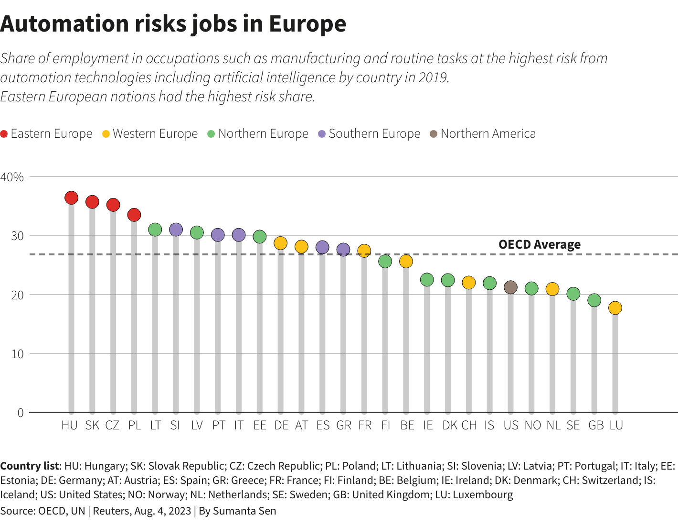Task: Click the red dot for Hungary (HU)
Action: (71, 197)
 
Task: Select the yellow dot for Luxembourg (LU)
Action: (615, 308)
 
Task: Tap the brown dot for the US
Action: (510, 287)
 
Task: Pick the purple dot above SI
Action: (176, 230)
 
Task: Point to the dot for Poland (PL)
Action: (134, 215)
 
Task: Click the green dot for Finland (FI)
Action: (385, 261)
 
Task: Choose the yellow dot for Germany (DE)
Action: (280, 243)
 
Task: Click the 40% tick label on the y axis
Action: (12, 177)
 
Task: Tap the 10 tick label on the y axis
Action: (17, 354)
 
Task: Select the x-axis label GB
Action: (595, 425)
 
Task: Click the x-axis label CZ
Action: (112, 425)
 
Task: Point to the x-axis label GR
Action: (344, 425)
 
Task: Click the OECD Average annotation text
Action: (540, 244)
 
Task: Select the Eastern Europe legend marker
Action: (4, 134)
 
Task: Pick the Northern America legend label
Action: (488, 133)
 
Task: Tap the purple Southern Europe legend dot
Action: (322, 134)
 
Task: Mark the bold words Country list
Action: (30, 466)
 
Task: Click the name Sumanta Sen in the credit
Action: (244, 511)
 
